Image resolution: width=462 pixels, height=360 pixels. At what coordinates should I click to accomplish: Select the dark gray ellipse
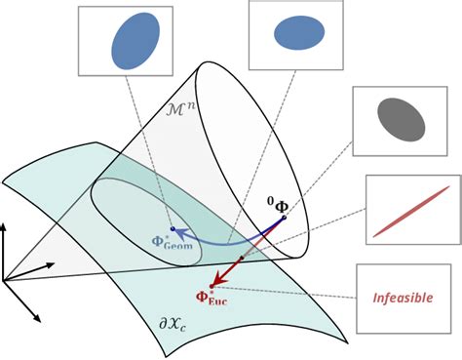[401, 120]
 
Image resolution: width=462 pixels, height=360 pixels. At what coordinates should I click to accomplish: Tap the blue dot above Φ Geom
[172, 229]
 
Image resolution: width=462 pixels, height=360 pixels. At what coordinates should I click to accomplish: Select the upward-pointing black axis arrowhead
[4, 225]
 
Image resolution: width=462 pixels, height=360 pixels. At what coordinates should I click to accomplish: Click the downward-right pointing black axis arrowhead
[38, 319]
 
